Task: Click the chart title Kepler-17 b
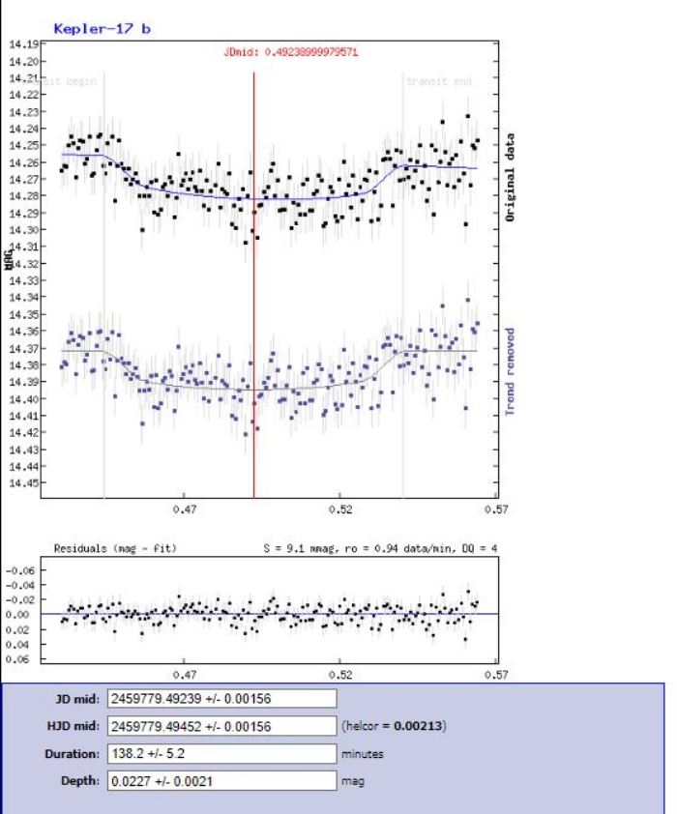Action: [102, 29]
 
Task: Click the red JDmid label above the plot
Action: [298, 49]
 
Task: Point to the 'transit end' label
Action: [439, 81]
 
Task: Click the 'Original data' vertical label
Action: [511, 180]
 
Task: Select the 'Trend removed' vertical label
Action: [511, 371]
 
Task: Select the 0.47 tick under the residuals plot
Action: [185, 675]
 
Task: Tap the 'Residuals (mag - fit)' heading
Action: [114, 548]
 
